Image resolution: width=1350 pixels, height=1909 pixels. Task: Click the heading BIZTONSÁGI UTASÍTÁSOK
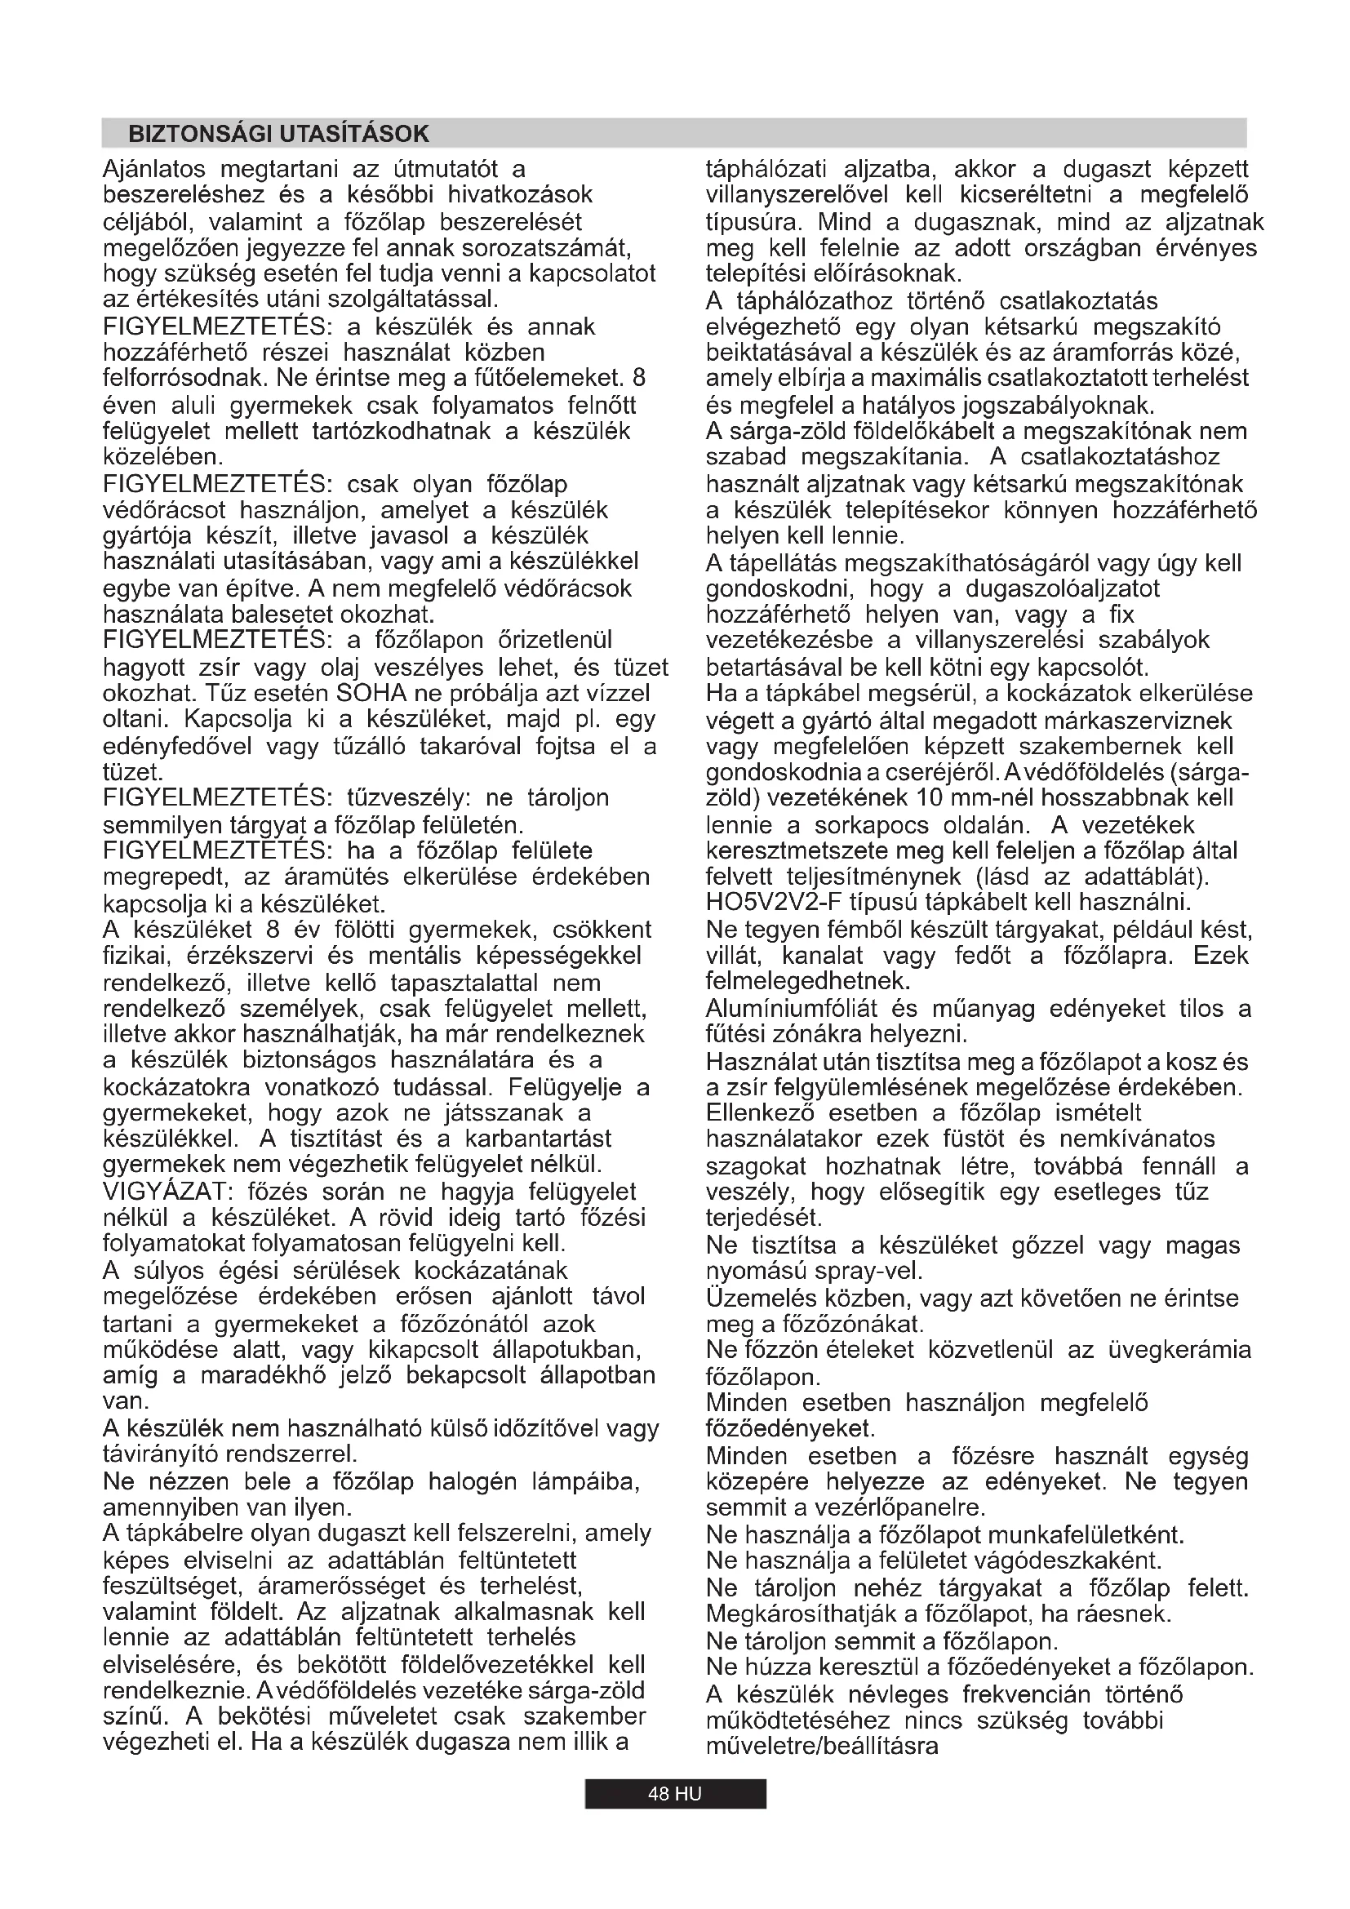tap(278, 134)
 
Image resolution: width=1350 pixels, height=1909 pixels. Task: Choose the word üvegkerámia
tap(1179, 1349)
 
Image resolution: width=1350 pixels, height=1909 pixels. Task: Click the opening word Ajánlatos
tap(153, 170)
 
